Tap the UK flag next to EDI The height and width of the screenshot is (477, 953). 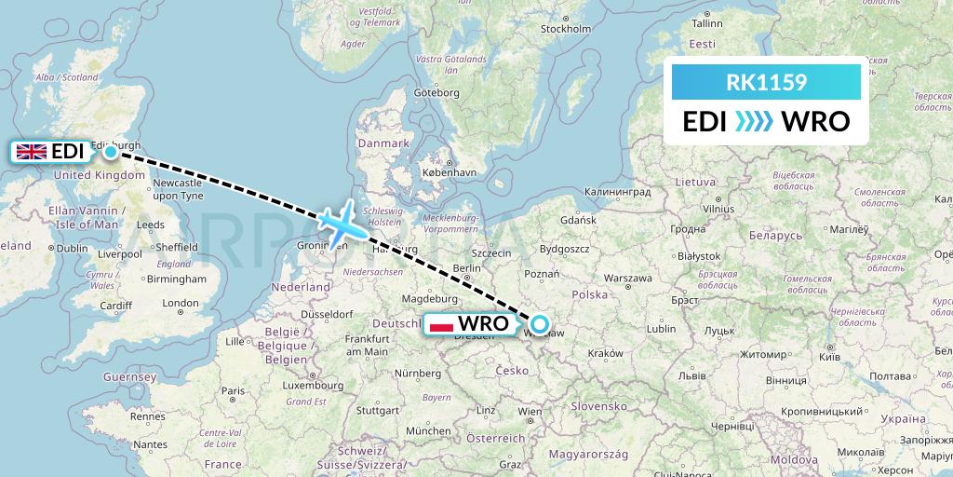[32, 152]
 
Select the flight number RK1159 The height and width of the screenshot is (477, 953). [766, 83]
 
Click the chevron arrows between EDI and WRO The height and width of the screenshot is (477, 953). [754, 121]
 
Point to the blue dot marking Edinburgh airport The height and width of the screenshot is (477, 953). [111, 152]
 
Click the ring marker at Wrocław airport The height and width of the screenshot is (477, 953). [539, 326]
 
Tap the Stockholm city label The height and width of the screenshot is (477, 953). [566, 29]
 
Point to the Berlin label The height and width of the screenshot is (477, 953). [466, 267]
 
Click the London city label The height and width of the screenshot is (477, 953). [181, 303]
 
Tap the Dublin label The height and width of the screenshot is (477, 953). [71, 248]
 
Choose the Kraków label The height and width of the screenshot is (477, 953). [605, 353]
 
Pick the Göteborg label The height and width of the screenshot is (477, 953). [436, 92]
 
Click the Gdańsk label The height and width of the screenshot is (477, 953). [578, 220]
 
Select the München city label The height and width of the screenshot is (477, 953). [428, 430]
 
